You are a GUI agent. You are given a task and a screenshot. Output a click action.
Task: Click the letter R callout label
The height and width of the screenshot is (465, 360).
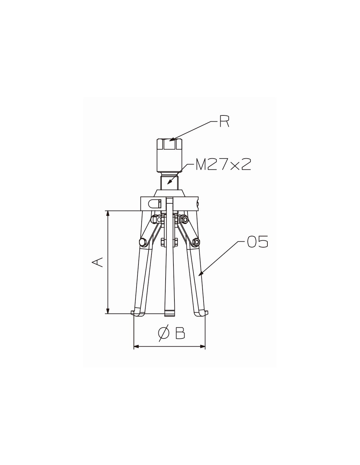224,122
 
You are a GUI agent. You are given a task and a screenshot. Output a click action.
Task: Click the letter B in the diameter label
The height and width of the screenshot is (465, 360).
180,334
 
